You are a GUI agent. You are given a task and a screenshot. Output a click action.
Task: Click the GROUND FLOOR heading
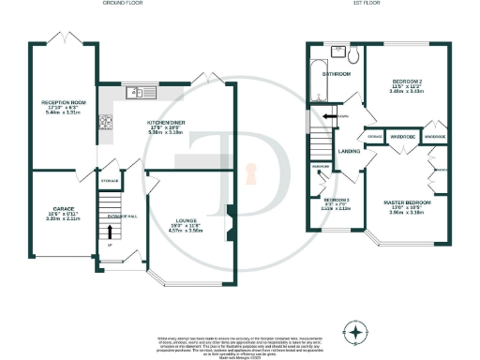(x=119, y=4)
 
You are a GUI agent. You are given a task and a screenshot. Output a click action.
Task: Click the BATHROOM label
(x=336, y=73)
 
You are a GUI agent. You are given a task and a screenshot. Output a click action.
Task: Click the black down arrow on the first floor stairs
(x=326, y=116)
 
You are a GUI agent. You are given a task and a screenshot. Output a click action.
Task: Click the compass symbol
(x=355, y=332)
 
